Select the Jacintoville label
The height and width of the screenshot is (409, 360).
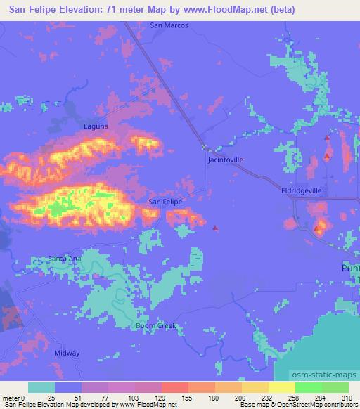226,160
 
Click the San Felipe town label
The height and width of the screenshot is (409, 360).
165,202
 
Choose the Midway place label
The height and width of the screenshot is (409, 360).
67,353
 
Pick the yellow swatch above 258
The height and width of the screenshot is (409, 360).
282,387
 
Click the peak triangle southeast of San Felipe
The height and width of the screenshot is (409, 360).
215,227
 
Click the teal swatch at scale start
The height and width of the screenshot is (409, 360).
41,387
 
